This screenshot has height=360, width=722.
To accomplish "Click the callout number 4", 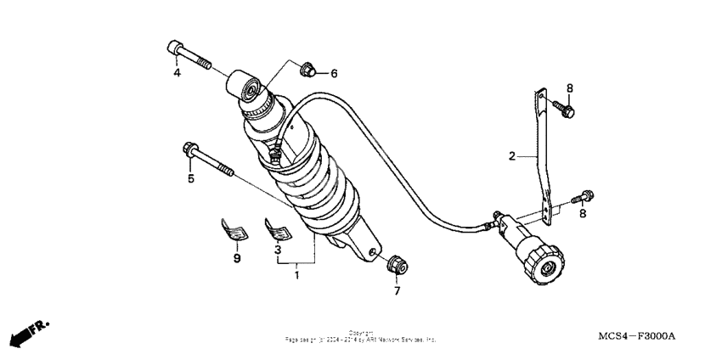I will pos(178,73).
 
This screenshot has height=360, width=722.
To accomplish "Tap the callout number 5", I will pos(191,178).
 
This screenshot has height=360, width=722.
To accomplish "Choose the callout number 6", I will pos(334,74).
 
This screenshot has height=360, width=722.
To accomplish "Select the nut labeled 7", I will pos(395,264).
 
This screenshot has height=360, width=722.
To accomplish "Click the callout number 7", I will pos(395,291).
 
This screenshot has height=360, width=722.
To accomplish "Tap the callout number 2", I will pos(511,156).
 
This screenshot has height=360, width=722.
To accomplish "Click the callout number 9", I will pos(237,258).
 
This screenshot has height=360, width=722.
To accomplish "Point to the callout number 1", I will pos(296,275).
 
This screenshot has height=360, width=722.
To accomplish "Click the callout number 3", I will pos(277,252).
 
